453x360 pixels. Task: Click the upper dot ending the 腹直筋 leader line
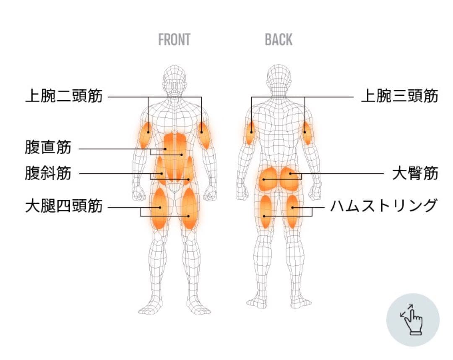click(x=166, y=149)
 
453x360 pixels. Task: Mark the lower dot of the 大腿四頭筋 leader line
click(x=188, y=216)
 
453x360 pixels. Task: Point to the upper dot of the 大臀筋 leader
click(x=291, y=174)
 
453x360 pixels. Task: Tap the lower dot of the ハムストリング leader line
click(x=264, y=216)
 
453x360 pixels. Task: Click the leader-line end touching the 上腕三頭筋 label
click(x=353, y=97)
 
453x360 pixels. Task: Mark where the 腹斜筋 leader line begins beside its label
click(x=80, y=174)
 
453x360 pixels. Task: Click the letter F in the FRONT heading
click(x=161, y=40)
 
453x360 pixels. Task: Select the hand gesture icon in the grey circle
click(x=412, y=320)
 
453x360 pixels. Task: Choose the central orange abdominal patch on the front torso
click(x=174, y=156)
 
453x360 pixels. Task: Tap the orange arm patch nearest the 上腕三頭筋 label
click(x=307, y=133)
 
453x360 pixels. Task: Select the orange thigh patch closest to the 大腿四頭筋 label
click(x=159, y=208)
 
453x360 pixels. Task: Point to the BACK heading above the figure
click(x=279, y=40)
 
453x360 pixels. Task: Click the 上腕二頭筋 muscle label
click(x=64, y=96)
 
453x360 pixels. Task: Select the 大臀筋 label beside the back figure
click(x=415, y=173)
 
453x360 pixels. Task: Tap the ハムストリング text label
click(x=383, y=206)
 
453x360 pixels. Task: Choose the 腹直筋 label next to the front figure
click(x=48, y=147)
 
